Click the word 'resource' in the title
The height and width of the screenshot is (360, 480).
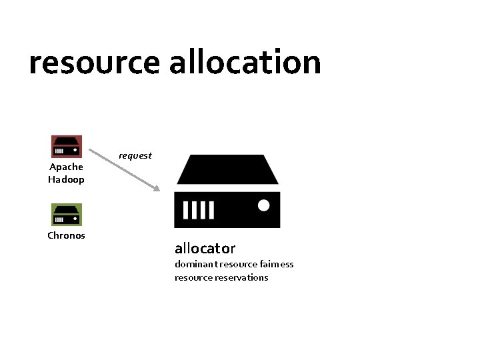(95, 63)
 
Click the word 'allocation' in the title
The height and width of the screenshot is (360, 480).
(245, 62)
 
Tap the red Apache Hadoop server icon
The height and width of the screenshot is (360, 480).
(67, 147)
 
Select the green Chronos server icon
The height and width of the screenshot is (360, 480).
(67, 215)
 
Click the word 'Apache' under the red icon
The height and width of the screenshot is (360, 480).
(66, 167)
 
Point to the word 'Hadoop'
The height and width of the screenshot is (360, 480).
(66, 179)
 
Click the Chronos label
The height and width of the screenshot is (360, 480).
(66, 235)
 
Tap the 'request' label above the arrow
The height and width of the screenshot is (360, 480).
(135, 155)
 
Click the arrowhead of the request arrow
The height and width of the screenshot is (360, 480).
(157, 189)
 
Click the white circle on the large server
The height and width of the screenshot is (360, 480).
(263, 205)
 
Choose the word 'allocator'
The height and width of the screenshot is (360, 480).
(205, 249)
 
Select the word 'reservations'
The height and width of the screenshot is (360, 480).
(241, 277)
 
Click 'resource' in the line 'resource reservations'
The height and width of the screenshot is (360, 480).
(193, 277)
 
